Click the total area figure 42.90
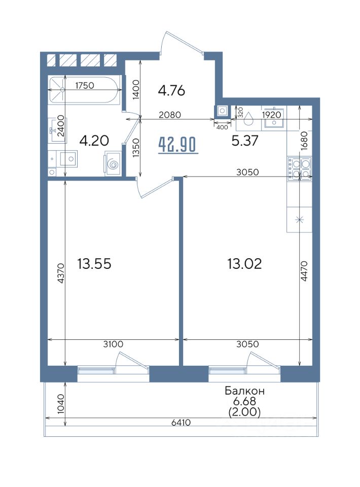178,145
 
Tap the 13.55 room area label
94,264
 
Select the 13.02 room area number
244,264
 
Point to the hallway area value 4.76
171,91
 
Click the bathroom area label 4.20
94,141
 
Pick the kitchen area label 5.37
245,141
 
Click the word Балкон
244,391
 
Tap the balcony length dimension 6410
182,423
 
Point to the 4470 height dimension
304,271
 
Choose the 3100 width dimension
113,344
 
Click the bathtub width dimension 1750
85,85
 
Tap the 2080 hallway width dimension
170,115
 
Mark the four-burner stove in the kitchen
300,169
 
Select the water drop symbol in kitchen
248,118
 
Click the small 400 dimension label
222,127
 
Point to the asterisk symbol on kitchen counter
300,220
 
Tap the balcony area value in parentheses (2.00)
244,412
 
